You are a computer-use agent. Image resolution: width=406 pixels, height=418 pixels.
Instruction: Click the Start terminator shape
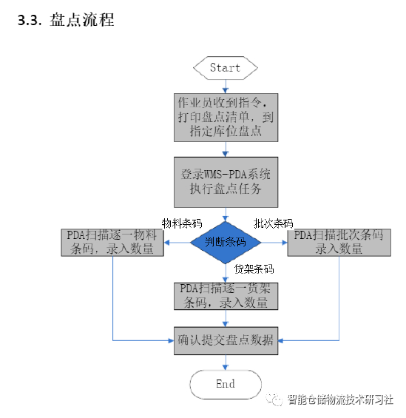pos(226,67)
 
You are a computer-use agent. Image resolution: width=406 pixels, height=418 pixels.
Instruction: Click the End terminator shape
pos(226,384)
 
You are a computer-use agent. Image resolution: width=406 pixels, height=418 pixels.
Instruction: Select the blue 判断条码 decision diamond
pos(226,242)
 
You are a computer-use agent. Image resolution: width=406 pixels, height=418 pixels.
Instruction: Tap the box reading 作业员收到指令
pos(226,117)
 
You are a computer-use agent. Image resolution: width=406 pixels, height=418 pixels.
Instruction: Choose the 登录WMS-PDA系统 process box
pos(226,181)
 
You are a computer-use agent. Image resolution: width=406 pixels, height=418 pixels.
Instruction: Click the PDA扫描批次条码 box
pos(339,242)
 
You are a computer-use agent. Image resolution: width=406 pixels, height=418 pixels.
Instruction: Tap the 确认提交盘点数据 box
pos(226,340)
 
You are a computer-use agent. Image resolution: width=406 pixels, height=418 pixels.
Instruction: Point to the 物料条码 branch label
pos(182,223)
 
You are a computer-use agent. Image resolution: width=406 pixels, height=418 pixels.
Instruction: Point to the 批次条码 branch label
pos(273,223)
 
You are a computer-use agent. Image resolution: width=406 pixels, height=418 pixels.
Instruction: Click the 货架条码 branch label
pos(254,269)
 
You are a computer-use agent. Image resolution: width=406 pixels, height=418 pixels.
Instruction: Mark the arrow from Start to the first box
pos(226,84)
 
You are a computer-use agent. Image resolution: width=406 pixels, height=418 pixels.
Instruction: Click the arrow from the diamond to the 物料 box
pos(177,242)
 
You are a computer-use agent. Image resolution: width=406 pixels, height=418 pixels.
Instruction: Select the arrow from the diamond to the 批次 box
pos(274,242)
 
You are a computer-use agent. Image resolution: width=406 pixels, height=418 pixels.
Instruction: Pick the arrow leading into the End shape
pos(226,363)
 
